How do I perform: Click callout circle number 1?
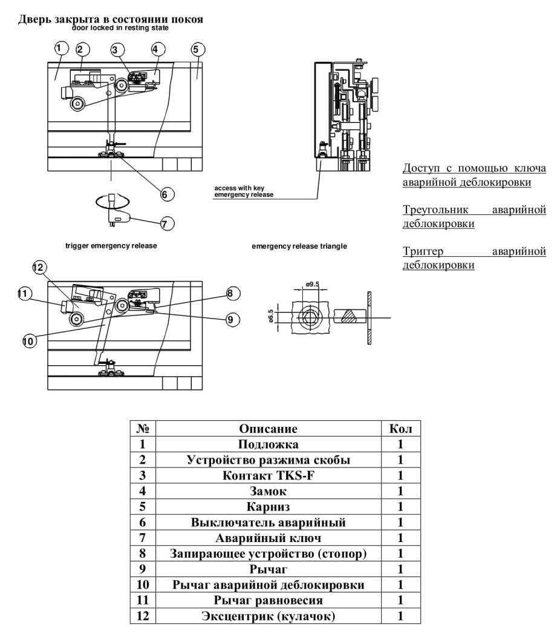[x=60, y=48]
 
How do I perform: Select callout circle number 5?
[x=197, y=50]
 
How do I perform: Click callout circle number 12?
[x=39, y=268]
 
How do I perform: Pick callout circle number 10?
[x=30, y=340]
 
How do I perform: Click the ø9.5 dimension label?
[x=312, y=284]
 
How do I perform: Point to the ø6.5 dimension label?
[x=271, y=316]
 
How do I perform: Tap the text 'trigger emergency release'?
[x=111, y=246]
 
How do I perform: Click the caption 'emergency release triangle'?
[x=299, y=246]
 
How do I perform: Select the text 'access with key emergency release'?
[x=244, y=191]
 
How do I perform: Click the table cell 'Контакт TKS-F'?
[x=269, y=475]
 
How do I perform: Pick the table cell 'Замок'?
[x=269, y=491]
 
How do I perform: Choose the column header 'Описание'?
[x=269, y=429]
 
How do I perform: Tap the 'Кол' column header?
[x=400, y=429]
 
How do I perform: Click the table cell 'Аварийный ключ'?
[x=269, y=538]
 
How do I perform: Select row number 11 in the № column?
[x=143, y=600]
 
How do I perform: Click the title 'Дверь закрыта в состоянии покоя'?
[x=110, y=19]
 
